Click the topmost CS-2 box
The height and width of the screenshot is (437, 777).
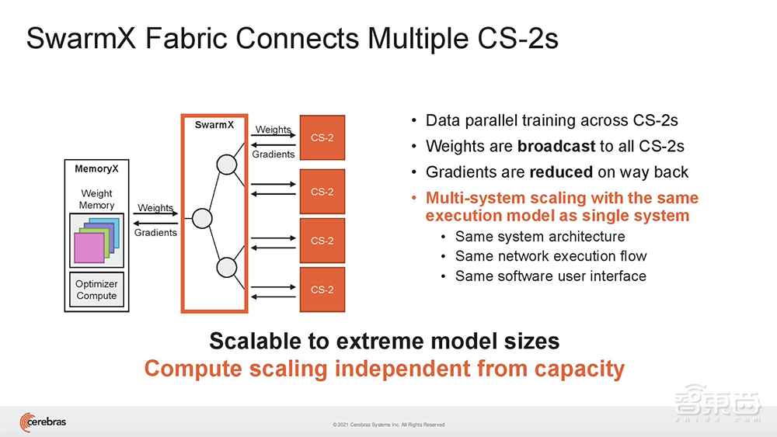coord(322,138)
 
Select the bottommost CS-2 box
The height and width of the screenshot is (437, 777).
coord(322,290)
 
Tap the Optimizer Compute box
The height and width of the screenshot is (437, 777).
coord(96,290)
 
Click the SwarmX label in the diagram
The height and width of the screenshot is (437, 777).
coord(214,124)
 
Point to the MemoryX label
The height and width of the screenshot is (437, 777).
coord(96,168)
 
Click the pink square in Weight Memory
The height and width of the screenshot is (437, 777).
coord(88,248)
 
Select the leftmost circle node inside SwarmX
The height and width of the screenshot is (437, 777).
coord(202,218)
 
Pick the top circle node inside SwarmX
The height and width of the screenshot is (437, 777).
coord(226,165)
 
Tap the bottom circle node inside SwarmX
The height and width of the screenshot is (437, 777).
coord(226,268)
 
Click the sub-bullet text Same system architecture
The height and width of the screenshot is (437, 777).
coord(540,237)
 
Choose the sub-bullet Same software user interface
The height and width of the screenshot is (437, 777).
coord(551,276)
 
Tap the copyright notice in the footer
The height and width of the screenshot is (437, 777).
coord(388,425)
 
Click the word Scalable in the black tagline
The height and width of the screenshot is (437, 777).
coord(260,341)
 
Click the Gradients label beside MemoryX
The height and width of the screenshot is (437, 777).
coord(155,232)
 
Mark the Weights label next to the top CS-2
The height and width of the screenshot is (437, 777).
coord(273,130)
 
